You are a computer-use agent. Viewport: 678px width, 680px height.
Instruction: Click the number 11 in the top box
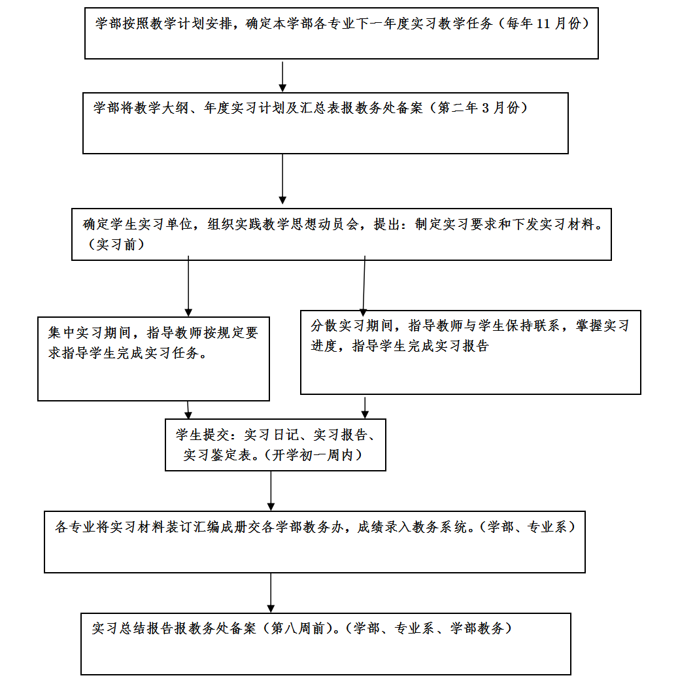(543, 24)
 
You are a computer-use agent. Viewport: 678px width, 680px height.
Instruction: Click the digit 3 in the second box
(485, 108)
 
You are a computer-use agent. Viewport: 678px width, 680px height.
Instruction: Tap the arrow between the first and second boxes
(282, 76)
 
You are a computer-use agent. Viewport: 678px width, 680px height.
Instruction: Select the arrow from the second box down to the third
(282, 178)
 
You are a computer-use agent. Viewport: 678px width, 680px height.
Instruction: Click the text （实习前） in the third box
(116, 245)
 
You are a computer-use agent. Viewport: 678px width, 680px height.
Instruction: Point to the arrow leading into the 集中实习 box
(188, 286)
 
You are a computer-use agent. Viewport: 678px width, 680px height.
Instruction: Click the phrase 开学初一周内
(312, 455)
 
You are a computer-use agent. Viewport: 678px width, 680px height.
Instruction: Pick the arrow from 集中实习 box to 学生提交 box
(188, 410)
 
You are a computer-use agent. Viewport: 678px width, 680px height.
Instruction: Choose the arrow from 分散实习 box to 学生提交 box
(365, 407)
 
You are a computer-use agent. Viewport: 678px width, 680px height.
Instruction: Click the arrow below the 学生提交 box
(271, 491)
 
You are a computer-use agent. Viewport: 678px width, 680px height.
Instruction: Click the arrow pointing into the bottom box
(271, 593)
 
